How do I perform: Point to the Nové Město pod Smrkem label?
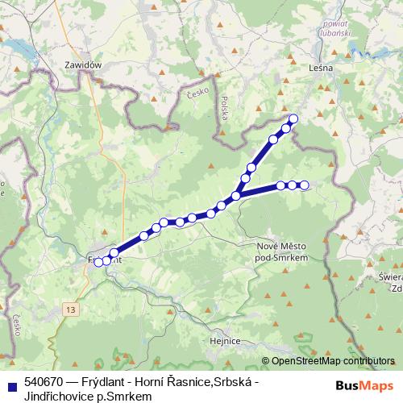277,251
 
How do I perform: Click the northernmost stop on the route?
293,119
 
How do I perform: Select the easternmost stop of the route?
305,185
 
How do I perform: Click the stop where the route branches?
236,195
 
